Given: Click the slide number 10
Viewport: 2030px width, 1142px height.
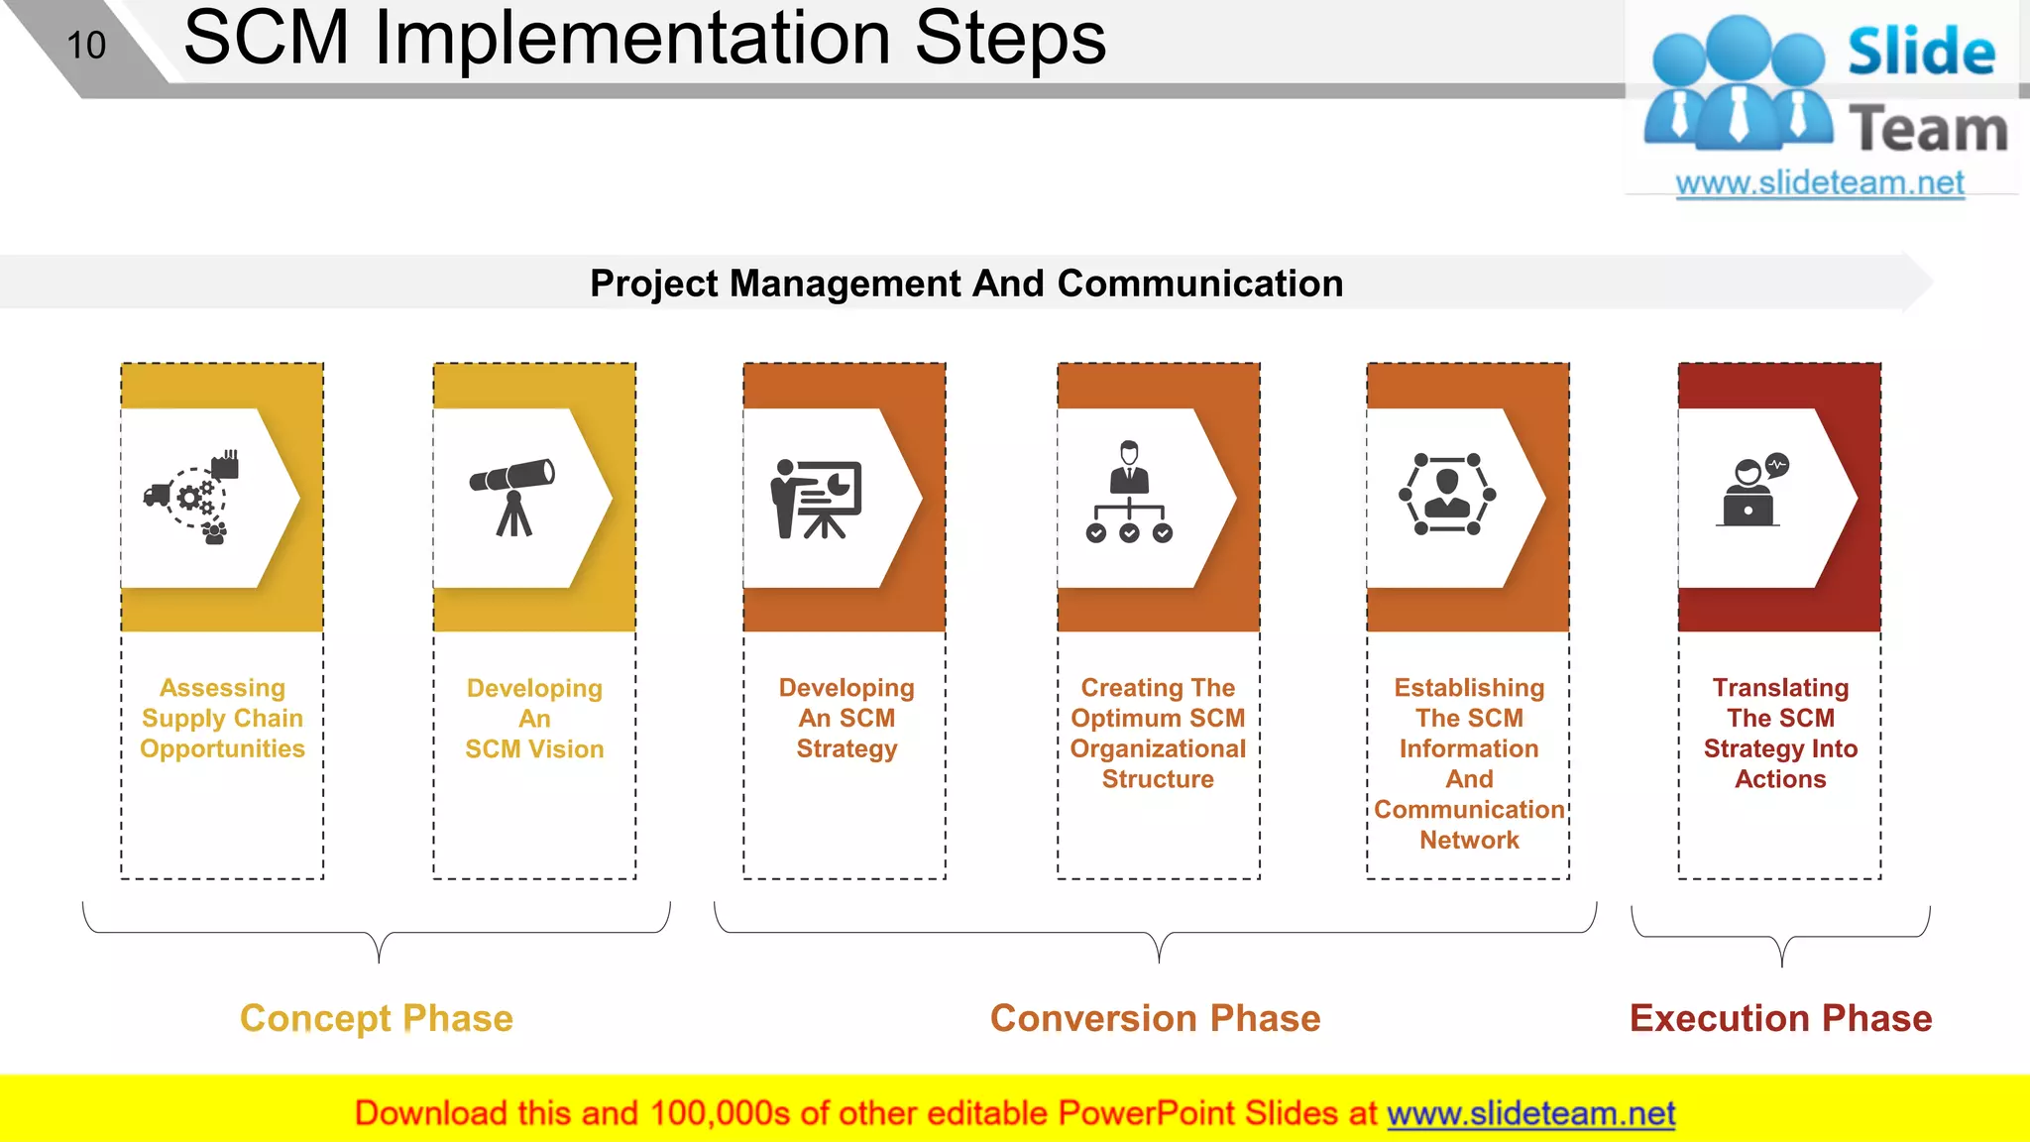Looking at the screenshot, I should coord(86,46).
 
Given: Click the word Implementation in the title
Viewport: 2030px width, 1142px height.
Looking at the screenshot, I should coord(632,40).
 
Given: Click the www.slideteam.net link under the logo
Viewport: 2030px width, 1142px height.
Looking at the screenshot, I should coord(1820,183).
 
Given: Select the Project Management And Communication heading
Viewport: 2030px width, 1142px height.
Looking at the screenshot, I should coord(966,284).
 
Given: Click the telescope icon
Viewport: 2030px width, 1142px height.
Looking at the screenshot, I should coord(512,496).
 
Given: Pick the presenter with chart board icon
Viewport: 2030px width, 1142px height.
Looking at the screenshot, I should coord(816,498).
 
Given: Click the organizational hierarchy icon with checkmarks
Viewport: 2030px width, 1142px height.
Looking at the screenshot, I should coord(1129,493).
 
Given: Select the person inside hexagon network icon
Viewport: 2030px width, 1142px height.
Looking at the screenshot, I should coord(1447,494).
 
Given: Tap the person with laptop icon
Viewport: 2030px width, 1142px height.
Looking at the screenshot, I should coord(1751,492).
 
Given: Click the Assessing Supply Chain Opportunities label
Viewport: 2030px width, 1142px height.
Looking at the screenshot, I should coord(223,718).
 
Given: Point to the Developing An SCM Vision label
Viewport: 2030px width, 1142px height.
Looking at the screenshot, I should coord(534,718).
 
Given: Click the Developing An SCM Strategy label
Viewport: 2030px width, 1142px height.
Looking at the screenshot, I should coord(846,718).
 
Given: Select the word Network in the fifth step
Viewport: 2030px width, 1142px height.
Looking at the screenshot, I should coord(1469,840).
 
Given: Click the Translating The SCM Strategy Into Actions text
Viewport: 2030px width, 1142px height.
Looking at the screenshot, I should coord(1780,733).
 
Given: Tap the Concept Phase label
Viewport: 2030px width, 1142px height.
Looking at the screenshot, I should coord(377,1018).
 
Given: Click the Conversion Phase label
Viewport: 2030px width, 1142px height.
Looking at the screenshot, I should coord(1155,1018).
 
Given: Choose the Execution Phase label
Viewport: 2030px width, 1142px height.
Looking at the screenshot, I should coord(1780,1018).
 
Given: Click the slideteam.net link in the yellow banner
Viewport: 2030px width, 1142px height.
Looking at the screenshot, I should coord(1530,1113).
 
